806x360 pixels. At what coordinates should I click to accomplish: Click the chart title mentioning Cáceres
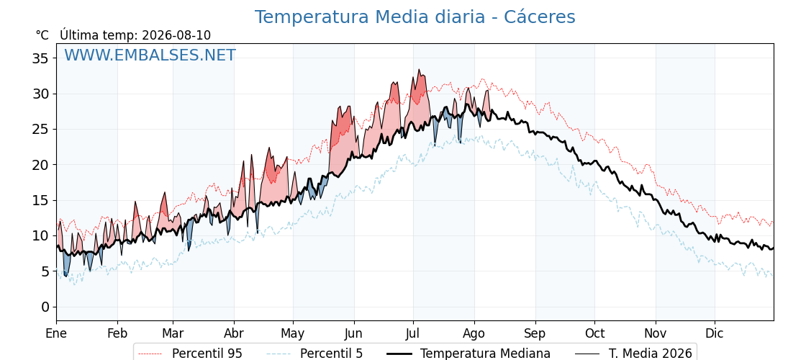click(415, 17)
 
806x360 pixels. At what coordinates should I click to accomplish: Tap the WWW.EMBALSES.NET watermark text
click(150, 55)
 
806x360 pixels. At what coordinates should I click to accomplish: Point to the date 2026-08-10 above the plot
click(176, 35)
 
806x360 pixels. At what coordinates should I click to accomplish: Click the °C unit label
click(42, 35)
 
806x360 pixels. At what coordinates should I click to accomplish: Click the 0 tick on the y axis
click(45, 307)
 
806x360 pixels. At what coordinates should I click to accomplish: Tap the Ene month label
click(56, 333)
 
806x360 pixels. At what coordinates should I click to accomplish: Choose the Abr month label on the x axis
click(234, 333)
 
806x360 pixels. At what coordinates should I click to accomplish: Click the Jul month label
click(413, 333)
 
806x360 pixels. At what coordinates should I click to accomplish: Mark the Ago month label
click(474, 334)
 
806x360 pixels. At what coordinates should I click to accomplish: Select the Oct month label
click(594, 333)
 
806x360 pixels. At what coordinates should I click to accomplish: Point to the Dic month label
click(715, 333)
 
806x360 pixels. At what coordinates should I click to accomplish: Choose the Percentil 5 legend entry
click(315, 354)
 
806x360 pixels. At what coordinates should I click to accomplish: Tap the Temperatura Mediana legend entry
click(468, 354)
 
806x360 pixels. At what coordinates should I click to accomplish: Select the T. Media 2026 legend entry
click(633, 354)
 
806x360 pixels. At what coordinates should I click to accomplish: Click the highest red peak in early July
click(419, 69)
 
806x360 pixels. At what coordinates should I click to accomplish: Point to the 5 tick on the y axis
click(45, 271)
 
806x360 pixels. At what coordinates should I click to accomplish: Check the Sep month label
click(535, 334)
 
